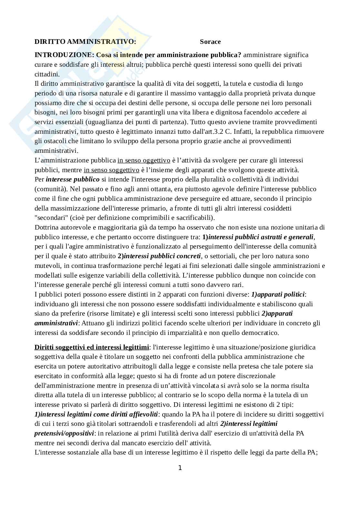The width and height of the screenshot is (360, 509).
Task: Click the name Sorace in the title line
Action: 210,42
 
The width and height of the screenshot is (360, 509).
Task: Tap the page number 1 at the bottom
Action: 180,468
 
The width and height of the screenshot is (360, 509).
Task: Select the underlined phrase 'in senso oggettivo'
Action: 144,160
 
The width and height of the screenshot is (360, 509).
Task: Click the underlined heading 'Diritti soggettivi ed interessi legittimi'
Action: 92,347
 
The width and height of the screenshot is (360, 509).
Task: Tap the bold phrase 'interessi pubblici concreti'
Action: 162,256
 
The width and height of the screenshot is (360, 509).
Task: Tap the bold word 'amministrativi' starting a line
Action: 56,323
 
